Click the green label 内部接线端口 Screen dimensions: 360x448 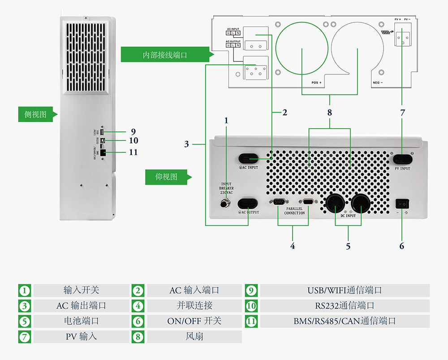click(164, 55)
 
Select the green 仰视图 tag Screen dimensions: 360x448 click(166, 177)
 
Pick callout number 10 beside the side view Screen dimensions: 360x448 click(134, 141)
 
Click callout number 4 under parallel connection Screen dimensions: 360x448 click(293, 246)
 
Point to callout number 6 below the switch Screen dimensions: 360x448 click(402, 246)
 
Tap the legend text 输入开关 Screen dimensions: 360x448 click(81, 290)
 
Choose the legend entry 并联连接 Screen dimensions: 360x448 click(194, 306)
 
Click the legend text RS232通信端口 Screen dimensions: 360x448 click(345, 306)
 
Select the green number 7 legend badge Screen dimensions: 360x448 click(25, 336)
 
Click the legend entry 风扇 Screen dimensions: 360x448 click(194, 336)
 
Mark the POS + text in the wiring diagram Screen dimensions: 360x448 click(317, 83)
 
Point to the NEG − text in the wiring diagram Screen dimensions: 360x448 click(378, 83)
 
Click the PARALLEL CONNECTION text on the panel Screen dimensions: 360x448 click(294, 211)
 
